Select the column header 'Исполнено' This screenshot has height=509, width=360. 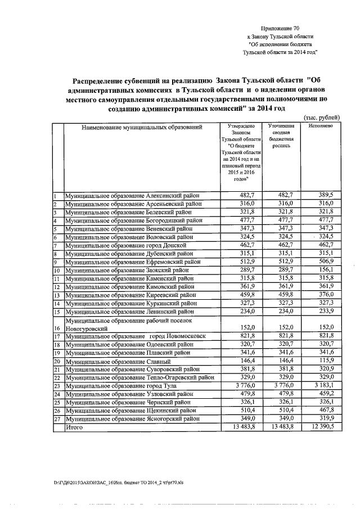pyautogui.click(x=320, y=127)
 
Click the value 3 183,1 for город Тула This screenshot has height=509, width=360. pyautogui.click(x=321, y=386)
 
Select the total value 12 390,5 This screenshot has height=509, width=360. pyautogui.click(x=319, y=427)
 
